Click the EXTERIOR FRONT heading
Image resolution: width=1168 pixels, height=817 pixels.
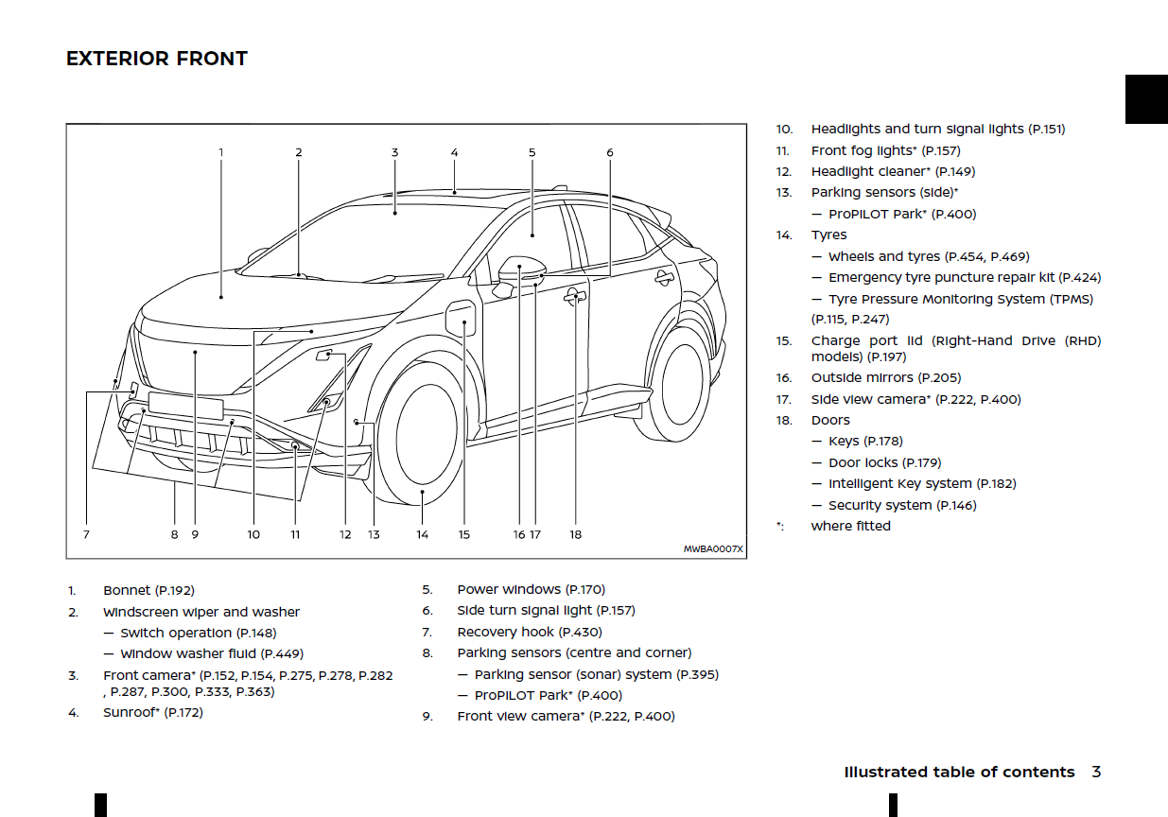point(157,59)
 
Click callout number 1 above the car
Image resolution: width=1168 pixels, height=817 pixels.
point(221,152)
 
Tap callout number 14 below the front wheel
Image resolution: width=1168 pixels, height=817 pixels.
point(422,534)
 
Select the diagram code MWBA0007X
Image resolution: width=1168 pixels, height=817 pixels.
point(713,548)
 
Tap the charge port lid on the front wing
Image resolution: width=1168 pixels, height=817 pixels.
point(462,317)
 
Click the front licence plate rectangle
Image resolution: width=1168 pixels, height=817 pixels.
point(185,404)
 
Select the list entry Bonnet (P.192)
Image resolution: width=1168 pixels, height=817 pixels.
point(148,591)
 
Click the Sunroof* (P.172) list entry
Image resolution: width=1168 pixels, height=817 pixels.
point(152,713)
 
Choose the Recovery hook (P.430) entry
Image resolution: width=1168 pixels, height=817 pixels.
point(529,632)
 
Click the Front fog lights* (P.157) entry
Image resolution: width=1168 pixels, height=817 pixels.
point(885,150)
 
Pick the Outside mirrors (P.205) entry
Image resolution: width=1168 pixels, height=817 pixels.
point(885,378)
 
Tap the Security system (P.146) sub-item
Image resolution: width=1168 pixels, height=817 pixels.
point(902,505)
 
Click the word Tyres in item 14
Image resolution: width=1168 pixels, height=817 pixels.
point(828,235)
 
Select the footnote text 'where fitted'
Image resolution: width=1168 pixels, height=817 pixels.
point(850,526)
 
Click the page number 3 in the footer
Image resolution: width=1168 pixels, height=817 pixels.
point(1096,772)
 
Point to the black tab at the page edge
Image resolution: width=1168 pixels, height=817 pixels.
point(1145,99)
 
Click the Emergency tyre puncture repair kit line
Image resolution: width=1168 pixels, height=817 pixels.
point(964,278)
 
